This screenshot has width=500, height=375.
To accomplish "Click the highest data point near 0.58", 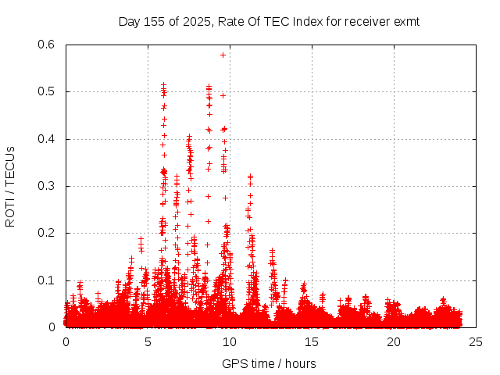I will [x=223, y=55].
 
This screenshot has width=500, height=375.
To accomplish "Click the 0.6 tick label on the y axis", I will [x=48, y=45].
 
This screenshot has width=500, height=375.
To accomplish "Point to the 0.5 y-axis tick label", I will [x=48, y=92].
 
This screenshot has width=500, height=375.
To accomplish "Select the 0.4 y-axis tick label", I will [x=48, y=139].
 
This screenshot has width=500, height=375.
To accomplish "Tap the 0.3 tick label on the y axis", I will [x=48, y=186].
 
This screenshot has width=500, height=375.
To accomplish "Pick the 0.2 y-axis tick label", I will [x=48, y=234].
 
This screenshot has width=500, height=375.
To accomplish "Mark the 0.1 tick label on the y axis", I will [x=48, y=280].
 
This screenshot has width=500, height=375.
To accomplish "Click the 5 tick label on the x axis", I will [x=148, y=342].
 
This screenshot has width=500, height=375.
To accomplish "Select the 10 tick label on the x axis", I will [x=230, y=342].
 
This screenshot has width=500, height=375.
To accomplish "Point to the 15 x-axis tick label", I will [x=312, y=342].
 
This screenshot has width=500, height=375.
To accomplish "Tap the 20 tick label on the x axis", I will [x=394, y=342].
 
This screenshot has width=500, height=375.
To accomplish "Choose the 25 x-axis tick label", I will [x=476, y=342].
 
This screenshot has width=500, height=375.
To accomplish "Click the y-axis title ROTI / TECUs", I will [x=11, y=186].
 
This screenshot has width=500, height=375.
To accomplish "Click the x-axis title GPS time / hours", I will [x=269, y=363].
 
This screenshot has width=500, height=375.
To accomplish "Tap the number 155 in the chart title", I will [x=154, y=22].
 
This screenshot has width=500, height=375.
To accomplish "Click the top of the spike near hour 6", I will [x=163, y=84].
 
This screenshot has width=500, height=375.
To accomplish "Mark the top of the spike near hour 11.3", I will [x=250, y=177].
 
